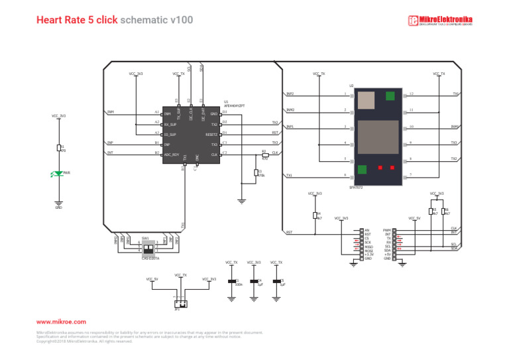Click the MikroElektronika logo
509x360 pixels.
point(440,21)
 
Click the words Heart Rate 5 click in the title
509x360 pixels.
point(77,20)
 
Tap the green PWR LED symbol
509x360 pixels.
point(58,174)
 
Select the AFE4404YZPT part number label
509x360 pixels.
point(234,106)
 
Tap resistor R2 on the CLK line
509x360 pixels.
point(265,155)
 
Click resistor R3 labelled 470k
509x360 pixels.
point(256,172)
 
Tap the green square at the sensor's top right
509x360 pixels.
point(390,96)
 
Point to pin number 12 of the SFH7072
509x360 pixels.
point(412,94)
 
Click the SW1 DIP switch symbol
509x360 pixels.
point(150,246)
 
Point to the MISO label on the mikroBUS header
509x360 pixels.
point(368,247)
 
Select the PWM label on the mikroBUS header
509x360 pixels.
point(386,230)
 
